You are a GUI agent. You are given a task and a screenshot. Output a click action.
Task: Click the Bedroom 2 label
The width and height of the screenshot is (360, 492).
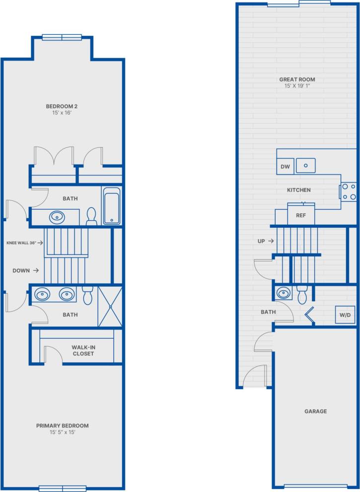pyautogui.click(x=62, y=106)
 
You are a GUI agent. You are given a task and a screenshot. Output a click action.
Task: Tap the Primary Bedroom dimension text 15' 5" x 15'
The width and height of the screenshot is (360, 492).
pyautogui.click(x=62, y=432)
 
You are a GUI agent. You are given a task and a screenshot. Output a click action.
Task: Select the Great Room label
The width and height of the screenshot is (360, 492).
pyautogui.click(x=297, y=80)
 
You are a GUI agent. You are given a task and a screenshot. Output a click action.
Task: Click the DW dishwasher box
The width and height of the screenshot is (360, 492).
pyautogui.click(x=285, y=166)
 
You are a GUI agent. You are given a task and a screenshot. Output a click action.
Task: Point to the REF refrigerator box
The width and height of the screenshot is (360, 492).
pyautogui.click(x=300, y=215)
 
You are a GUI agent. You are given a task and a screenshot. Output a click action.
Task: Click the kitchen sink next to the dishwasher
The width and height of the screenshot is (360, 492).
pyautogui.click(x=306, y=165)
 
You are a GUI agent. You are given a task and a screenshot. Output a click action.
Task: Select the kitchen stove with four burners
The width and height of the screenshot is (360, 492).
pyautogui.click(x=349, y=192)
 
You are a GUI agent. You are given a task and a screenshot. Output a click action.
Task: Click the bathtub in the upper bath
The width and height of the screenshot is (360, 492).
pyautogui.click(x=111, y=206)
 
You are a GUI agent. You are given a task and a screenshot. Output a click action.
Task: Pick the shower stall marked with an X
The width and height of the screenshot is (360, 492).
pyautogui.click(x=110, y=306)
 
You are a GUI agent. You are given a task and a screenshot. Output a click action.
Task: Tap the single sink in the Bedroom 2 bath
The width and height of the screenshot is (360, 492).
pyautogui.click(x=57, y=217)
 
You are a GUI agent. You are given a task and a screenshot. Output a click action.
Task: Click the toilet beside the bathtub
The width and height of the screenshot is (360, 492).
pyautogui.click(x=91, y=217)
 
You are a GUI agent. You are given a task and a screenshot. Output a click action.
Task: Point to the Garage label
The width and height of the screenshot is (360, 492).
pyautogui.click(x=315, y=411)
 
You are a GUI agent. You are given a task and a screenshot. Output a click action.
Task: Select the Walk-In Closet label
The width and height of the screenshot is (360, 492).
pyautogui.click(x=82, y=350)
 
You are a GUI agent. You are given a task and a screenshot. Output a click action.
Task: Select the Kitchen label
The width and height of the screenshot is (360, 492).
pyautogui.click(x=299, y=190)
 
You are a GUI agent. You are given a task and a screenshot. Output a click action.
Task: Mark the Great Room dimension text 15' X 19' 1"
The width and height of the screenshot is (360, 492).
pyautogui.click(x=297, y=86)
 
